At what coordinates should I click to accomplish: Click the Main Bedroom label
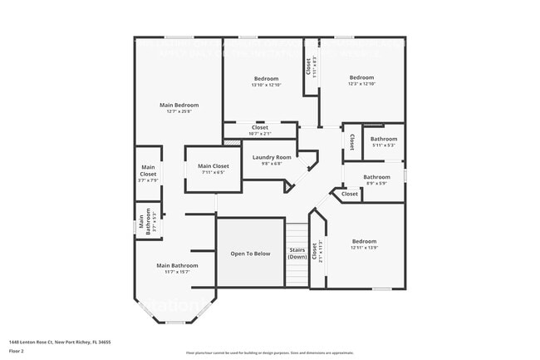179,105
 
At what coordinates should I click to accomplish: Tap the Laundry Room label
272,157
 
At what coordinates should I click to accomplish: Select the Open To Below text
250,253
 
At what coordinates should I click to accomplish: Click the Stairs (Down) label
297,253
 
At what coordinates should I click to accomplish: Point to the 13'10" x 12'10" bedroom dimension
266,85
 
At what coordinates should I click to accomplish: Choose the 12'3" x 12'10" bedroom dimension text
361,84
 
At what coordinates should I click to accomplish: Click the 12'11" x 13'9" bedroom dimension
364,247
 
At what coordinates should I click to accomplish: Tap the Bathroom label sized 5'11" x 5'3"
383,139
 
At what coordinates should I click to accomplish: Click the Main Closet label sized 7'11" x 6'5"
213,166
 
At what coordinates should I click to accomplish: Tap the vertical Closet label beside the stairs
315,252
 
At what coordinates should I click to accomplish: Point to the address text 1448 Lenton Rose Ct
60,341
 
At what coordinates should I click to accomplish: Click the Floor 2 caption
18,350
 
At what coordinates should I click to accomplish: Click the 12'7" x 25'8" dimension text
179,111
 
